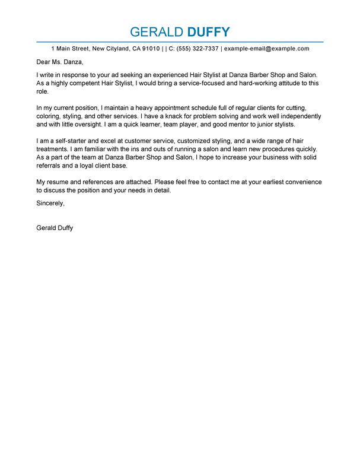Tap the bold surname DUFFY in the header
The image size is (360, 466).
(208, 32)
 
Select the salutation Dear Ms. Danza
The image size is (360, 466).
(60, 62)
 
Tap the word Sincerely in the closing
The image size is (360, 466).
(50, 203)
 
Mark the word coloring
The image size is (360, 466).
(50, 116)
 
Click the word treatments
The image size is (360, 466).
(53, 149)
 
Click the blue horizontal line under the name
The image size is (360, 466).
(180, 42)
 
